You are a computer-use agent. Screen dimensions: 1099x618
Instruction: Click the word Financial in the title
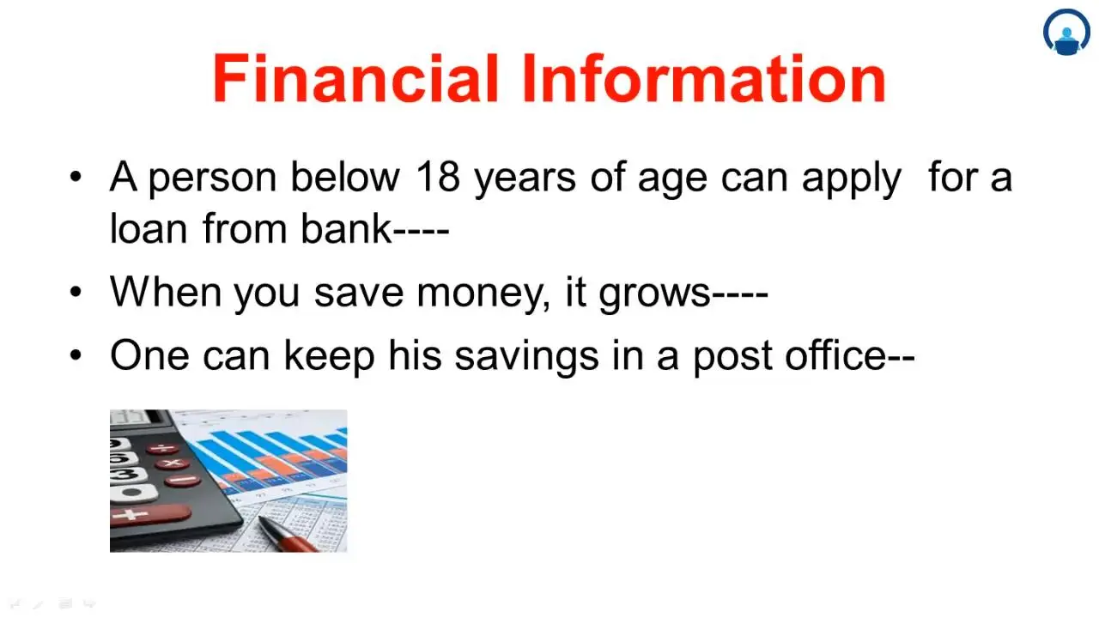(355, 78)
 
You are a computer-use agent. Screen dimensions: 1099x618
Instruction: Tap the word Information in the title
(704, 78)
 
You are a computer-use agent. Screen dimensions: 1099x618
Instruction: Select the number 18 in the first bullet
(438, 177)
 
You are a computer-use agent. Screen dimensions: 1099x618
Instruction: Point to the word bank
(347, 228)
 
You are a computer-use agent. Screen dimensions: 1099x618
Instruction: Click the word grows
(655, 294)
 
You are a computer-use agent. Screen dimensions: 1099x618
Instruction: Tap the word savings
(526, 356)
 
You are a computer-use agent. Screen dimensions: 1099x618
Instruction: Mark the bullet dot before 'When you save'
(76, 292)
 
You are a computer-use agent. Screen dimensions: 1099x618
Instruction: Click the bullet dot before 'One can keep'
(76, 354)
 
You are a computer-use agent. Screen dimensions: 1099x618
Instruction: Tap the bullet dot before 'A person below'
(76, 176)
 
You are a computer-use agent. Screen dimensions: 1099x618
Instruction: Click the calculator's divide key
(163, 448)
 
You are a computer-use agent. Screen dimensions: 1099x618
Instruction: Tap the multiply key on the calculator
(172, 463)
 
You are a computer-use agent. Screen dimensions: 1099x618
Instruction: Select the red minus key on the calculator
(183, 480)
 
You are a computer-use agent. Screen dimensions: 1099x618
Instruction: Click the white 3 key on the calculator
(126, 476)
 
